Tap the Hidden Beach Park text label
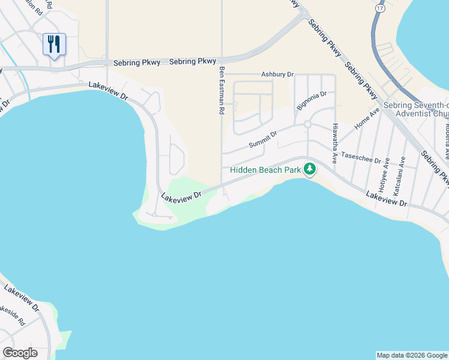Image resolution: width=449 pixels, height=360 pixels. [265, 170]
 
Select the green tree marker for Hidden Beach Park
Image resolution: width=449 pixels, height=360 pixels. [310, 169]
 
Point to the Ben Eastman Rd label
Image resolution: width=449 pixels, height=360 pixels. [221, 91]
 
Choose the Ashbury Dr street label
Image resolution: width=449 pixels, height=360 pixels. [277, 75]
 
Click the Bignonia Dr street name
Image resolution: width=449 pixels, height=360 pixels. [312, 100]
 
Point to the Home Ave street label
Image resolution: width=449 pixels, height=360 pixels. [367, 118]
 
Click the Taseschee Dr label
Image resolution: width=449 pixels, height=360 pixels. [361, 158]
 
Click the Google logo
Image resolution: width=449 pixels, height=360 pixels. [20, 353]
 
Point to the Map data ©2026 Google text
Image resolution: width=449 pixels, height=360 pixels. [411, 355]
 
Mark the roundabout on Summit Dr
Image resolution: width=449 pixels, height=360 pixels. [307, 124]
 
